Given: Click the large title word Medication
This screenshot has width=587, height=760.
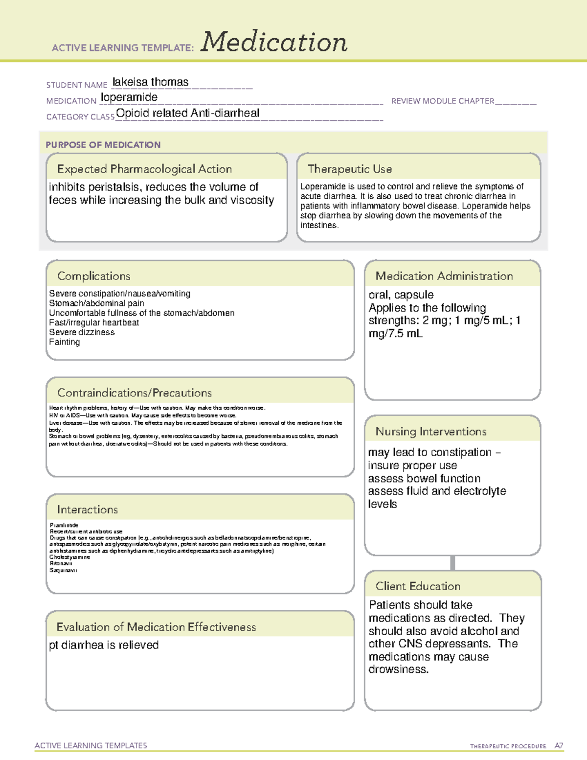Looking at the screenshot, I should click(x=274, y=42).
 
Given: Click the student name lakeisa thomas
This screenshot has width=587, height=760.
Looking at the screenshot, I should click(x=150, y=82).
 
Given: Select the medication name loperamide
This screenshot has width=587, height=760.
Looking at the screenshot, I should click(x=129, y=97).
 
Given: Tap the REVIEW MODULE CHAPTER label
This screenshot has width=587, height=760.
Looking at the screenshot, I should click(x=443, y=101).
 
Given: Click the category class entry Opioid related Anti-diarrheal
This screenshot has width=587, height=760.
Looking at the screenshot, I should click(x=188, y=113).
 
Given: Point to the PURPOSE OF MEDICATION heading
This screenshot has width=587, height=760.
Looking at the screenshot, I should click(x=103, y=145).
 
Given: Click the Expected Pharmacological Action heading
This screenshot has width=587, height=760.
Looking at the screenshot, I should click(x=144, y=169).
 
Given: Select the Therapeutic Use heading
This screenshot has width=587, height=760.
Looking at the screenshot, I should click(x=350, y=169).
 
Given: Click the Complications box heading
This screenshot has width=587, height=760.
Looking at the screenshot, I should click(x=94, y=276).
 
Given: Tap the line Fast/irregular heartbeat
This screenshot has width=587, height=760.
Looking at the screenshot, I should click(x=94, y=322).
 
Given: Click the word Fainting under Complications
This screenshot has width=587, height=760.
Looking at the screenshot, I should click(x=65, y=342).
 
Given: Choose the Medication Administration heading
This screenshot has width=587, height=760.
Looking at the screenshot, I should click(x=444, y=276).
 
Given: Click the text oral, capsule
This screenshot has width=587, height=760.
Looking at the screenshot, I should click(x=401, y=295).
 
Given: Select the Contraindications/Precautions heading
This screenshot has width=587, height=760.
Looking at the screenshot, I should click(x=135, y=393).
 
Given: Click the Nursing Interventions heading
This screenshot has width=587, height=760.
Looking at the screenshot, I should click(x=431, y=432).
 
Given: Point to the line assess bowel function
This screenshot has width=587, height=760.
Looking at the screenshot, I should click(x=424, y=478).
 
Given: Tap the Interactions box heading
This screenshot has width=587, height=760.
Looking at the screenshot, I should click(x=88, y=510).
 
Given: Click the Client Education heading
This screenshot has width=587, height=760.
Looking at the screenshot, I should click(x=418, y=586).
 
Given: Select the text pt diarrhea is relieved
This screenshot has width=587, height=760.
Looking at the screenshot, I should click(x=104, y=645).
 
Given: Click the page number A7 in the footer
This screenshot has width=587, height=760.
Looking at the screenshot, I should click(x=559, y=746).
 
